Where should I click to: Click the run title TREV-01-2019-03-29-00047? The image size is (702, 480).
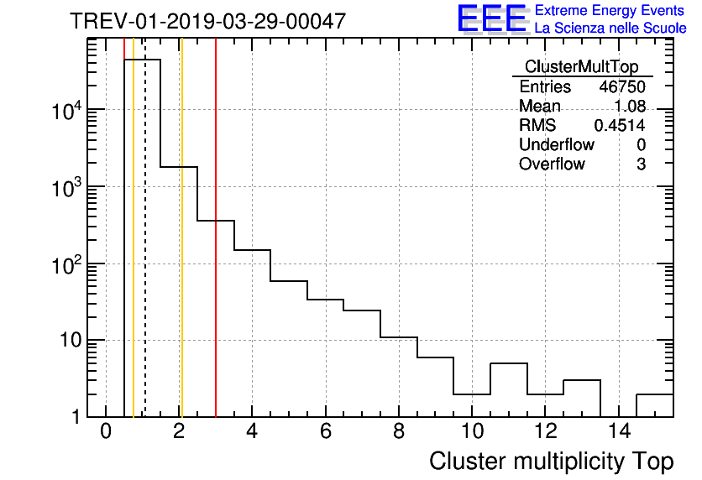[207, 21]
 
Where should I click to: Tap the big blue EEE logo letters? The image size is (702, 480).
[491, 18]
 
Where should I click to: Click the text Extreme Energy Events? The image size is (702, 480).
[610, 11]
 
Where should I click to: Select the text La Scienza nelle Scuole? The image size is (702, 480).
[610, 29]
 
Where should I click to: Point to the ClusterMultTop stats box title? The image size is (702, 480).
[581, 67]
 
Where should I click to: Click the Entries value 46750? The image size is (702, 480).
[622, 86]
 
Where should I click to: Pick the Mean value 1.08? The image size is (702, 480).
[629, 107]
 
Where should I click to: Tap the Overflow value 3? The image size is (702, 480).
[641, 164]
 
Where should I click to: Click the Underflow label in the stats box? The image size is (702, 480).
[556, 144]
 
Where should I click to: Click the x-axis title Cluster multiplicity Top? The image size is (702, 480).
[551, 462]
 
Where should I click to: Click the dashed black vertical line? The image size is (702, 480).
[145, 252]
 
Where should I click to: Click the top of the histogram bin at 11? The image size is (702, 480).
[508, 363]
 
